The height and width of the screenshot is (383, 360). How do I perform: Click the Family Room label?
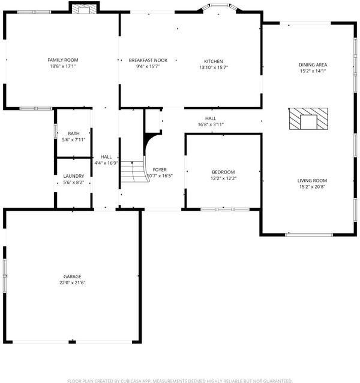(x=63, y=60)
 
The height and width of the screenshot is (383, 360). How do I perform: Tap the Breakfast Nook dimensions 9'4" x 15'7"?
(x=148, y=66)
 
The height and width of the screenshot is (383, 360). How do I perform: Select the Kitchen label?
(x=214, y=61)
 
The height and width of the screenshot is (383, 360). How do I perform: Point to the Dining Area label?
(x=313, y=65)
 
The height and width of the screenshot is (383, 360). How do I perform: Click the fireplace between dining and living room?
(x=308, y=118)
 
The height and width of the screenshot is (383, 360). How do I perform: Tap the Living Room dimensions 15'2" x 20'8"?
(x=312, y=187)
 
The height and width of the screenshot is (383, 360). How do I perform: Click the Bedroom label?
(x=223, y=172)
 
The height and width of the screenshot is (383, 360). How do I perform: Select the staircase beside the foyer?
(x=134, y=172)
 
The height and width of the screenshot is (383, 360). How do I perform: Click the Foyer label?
(x=160, y=169)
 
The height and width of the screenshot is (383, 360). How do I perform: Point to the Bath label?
(x=74, y=133)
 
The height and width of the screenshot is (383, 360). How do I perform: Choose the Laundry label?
(x=74, y=176)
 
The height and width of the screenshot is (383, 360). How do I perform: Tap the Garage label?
(x=72, y=276)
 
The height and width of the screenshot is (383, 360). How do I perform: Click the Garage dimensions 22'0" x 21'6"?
(x=72, y=283)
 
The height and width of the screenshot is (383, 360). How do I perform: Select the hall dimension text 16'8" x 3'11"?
(x=211, y=124)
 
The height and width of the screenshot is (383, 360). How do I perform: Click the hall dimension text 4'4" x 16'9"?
(x=106, y=163)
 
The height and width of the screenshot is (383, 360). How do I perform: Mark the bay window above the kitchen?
(x=220, y=7)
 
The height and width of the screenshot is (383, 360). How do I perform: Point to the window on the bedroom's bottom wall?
(x=225, y=209)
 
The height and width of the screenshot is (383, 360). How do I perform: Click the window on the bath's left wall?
(x=55, y=132)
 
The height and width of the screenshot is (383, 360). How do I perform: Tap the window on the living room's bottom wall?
(x=309, y=235)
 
